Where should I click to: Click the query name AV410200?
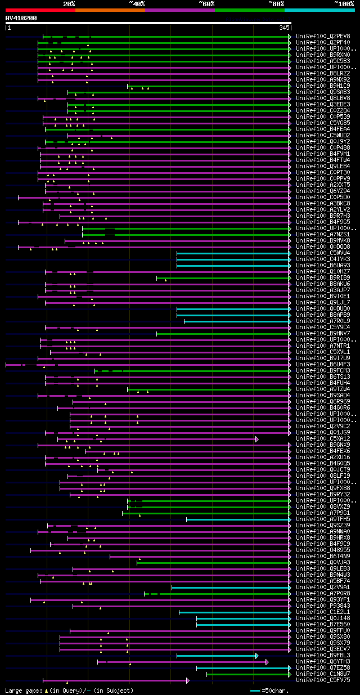point(21,18)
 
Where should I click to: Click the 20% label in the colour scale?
point(69,3)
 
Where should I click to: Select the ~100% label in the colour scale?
point(344,3)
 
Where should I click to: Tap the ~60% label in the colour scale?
point(206,3)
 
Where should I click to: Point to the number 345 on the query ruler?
point(283,27)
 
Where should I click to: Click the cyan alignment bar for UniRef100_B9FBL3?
point(217,656)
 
